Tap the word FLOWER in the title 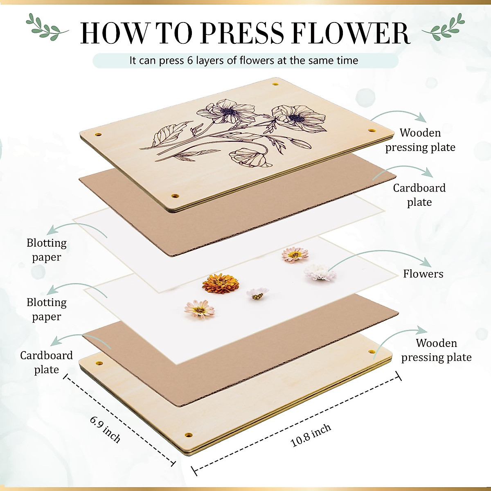352,34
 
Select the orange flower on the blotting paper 220,284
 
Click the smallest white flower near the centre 257,293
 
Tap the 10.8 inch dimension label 311,435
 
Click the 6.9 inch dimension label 105,430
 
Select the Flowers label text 423,274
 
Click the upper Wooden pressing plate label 420,140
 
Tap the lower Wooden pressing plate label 436,350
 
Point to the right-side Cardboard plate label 419,195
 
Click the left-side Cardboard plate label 46,362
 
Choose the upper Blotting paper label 46,250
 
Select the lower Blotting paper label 46,309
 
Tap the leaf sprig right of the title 444,28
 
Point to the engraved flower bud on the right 302,143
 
